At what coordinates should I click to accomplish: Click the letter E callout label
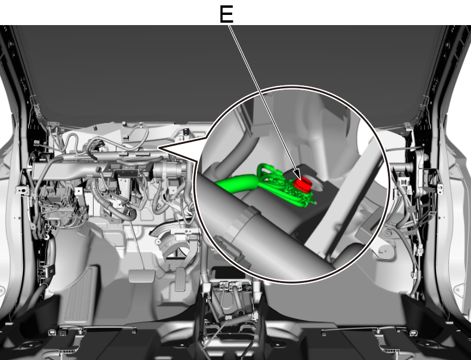click(226, 14)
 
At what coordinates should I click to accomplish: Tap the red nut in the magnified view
click(303, 184)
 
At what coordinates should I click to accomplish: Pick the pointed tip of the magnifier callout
click(158, 147)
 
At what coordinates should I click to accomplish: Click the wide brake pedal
click(142, 276)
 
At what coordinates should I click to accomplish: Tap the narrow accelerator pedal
click(180, 279)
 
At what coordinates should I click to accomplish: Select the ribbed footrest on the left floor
click(79, 296)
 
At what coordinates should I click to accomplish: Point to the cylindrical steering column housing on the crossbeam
click(167, 170)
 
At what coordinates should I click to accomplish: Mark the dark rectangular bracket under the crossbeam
click(125, 173)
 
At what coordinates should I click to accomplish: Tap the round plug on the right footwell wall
click(384, 250)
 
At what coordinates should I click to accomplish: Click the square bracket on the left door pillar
click(21, 190)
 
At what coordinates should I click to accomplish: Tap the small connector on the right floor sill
click(413, 333)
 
